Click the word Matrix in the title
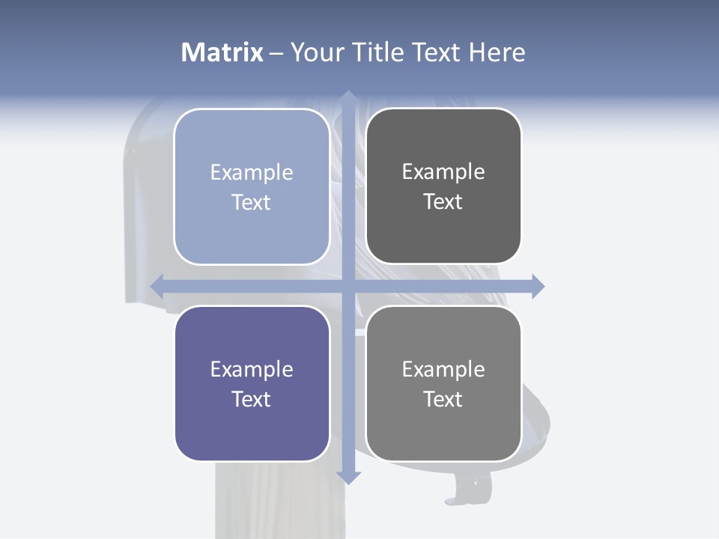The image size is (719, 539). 222,52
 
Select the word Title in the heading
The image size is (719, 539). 378,52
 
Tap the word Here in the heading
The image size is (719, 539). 497,52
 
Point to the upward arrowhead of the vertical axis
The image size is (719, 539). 348,97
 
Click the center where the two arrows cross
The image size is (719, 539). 348,286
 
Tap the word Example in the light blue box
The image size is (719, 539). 252,172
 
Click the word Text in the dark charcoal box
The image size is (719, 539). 443,202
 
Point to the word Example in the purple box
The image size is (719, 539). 252,369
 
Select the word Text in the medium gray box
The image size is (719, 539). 443,399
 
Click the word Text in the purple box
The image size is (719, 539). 252,399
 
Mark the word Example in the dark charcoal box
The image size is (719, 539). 443,171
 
